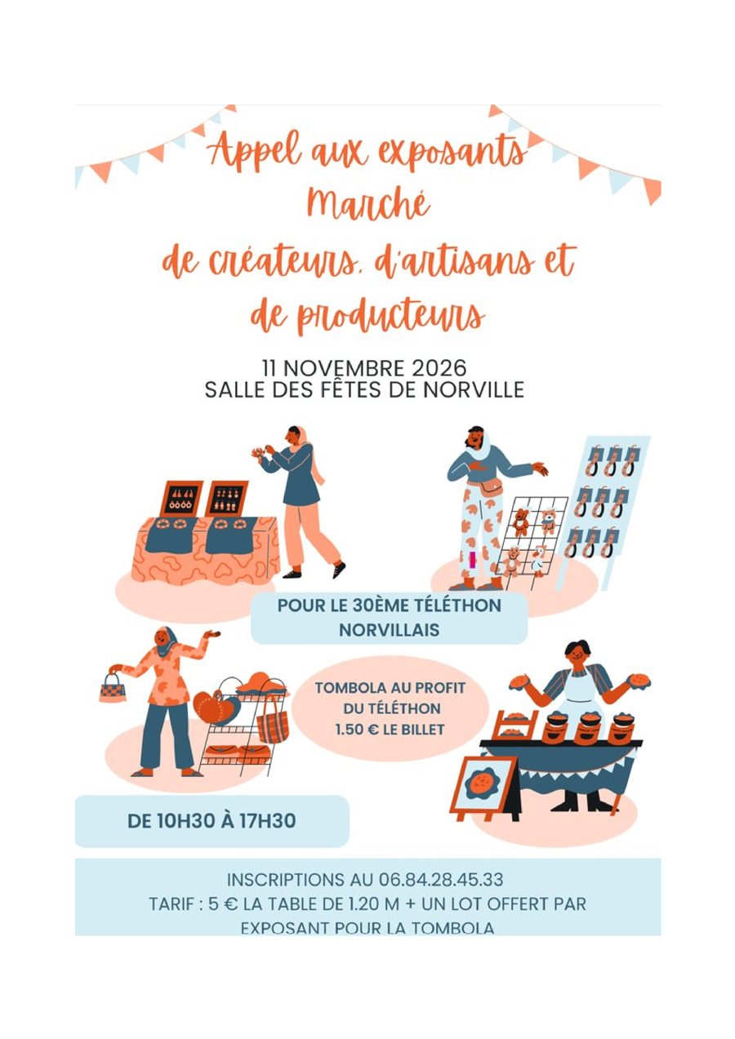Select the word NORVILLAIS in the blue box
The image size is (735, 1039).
coord(389,630)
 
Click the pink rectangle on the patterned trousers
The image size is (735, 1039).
coord(472,561)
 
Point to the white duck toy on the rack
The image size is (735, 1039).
coord(539,559)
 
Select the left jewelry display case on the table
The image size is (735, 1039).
coord(181,499)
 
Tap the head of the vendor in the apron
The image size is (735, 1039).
coord(577,655)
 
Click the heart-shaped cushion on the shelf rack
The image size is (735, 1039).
coord(216,708)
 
